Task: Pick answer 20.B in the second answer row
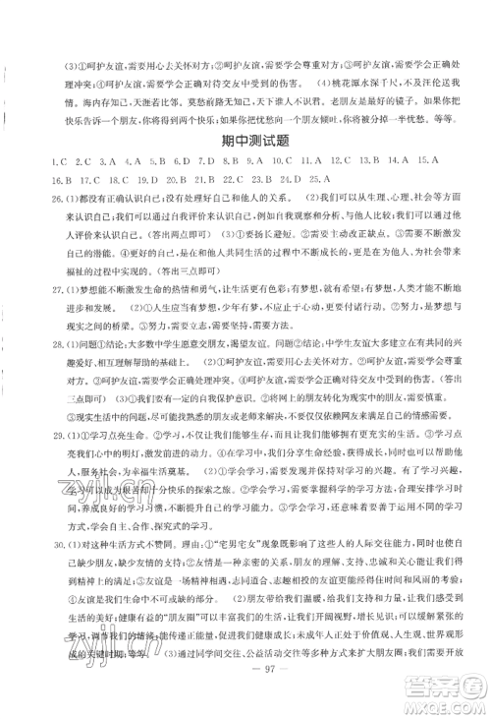tap(176, 179)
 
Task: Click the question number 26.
tap(36, 199)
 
